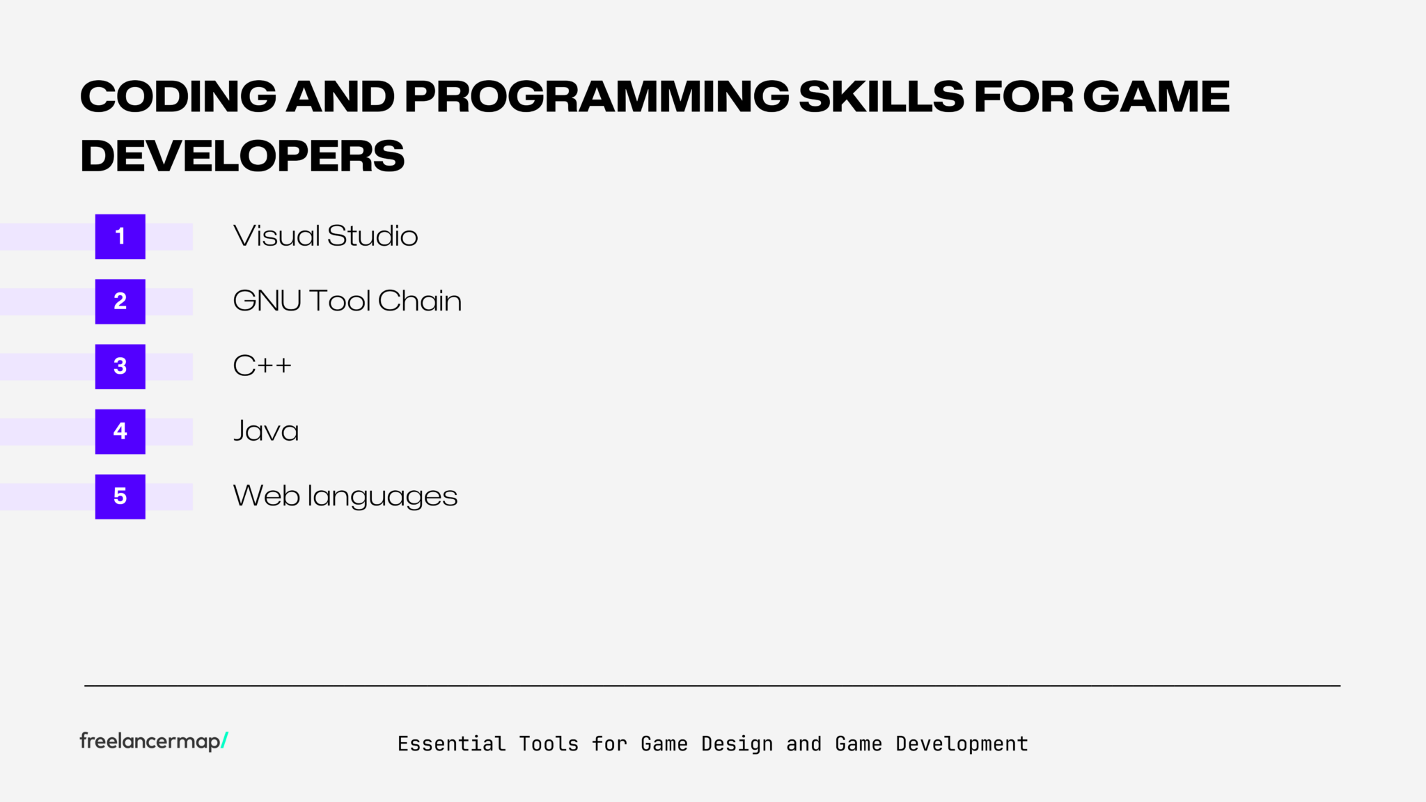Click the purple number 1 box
[120, 237]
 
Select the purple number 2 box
[120, 301]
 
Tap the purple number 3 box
[120, 366]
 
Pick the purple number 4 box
[120, 432]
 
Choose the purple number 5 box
[120, 496]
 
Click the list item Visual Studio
[325, 237]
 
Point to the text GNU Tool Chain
[347, 301]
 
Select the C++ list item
[262, 366]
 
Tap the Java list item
[266, 432]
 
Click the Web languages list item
[345, 496]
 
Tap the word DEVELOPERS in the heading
[242, 156]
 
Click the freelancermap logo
[150, 741]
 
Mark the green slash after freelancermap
[224, 741]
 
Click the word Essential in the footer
[451, 744]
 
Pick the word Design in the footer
[737, 744]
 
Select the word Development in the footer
[962, 744]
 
